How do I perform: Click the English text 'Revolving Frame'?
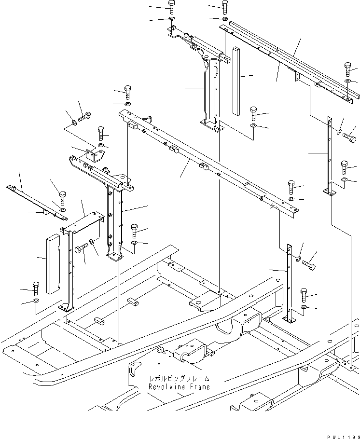coord(180,387)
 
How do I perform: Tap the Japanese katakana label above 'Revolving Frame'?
coord(180,379)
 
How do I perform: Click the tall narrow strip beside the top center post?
coord(235,81)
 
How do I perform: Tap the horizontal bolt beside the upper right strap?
coord(349,137)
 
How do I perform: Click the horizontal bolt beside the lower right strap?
coord(311,264)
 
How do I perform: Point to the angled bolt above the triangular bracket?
coord(85,116)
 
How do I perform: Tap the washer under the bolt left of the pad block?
coord(36,302)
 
